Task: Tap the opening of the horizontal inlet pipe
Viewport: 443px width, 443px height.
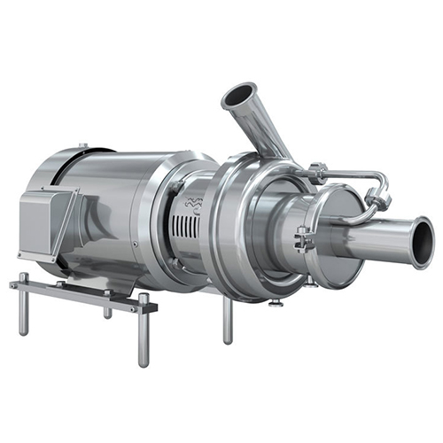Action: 422,243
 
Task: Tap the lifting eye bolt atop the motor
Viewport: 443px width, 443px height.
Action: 82,146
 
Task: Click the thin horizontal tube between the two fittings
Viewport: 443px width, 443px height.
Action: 350,175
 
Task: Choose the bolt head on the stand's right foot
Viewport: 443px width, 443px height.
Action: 144,300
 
